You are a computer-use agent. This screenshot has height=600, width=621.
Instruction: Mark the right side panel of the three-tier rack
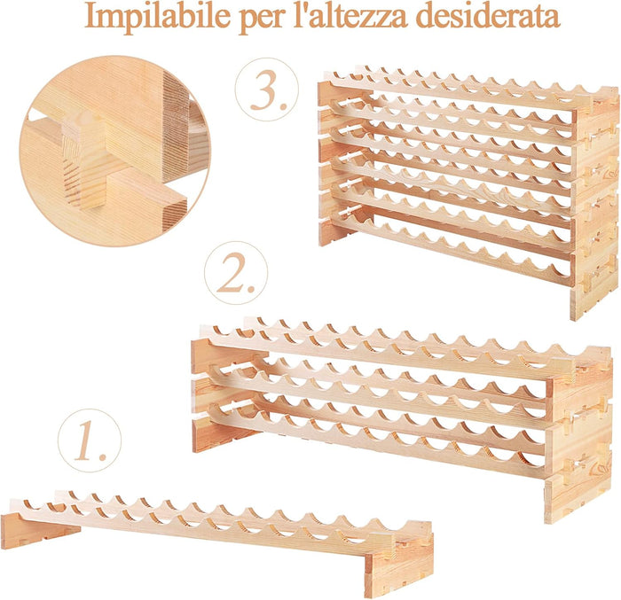[x=577, y=434]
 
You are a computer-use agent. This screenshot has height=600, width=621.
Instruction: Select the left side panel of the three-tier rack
[x=213, y=390]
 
